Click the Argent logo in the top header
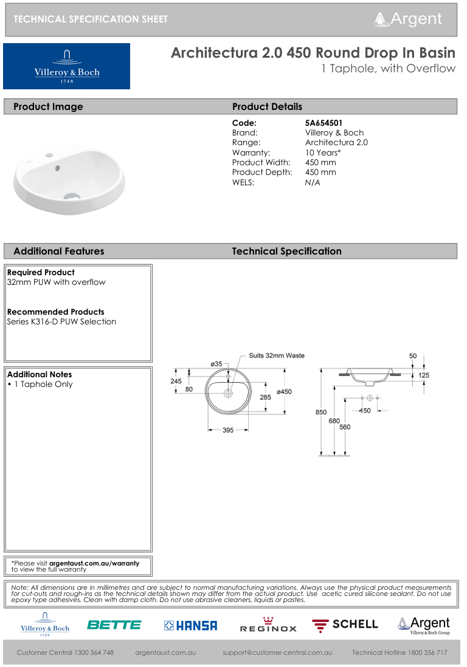[x=408, y=19]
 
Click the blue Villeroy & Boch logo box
[x=66, y=66]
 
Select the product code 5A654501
[x=323, y=123]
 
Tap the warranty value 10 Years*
[x=323, y=152]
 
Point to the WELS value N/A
[x=313, y=182]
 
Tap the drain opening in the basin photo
[x=72, y=196]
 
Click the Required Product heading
[x=41, y=272]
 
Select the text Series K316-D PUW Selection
[x=61, y=321]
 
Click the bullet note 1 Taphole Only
[x=42, y=384]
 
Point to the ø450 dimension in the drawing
[x=284, y=392]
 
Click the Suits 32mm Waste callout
[x=277, y=355]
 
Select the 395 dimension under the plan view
[x=227, y=430]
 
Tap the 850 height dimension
[x=321, y=412]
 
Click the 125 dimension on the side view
[x=423, y=375]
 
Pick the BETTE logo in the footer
[x=114, y=625]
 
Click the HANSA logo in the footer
[x=190, y=625]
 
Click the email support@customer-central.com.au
[x=277, y=652]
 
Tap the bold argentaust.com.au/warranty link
[x=94, y=563]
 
